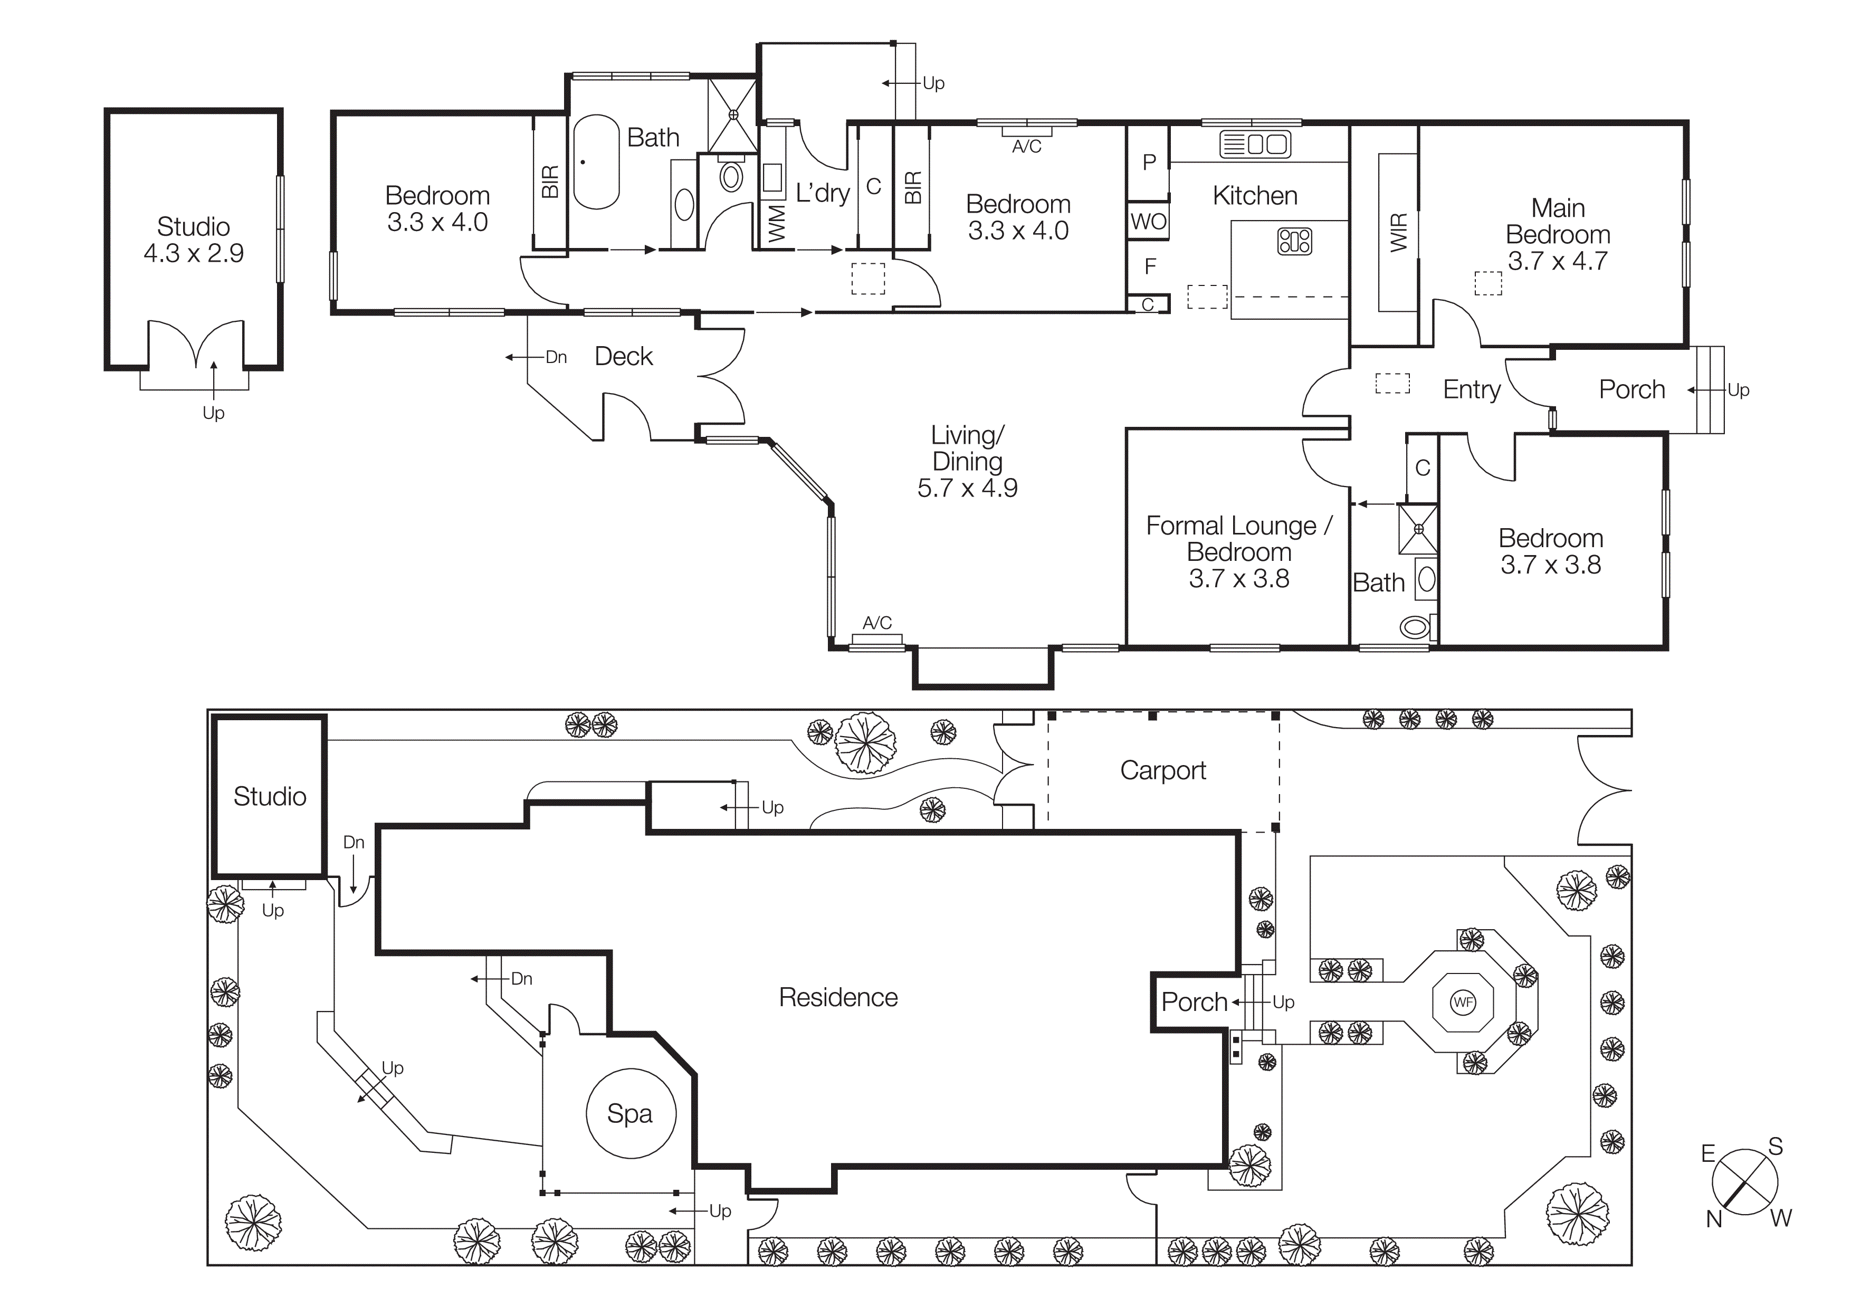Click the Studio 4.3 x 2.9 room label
click(x=194, y=240)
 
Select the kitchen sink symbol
click(x=1255, y=144)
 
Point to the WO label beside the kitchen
click(x=1148, y=222)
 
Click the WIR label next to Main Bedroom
click(x=1399, y=232)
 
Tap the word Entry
click(x=1471, y=390)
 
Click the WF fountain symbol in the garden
click(x=1463, y=1003)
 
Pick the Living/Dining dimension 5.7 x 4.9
click(x=967, y=488)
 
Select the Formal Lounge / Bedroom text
click(x=1239, y=538)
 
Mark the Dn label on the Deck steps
click(x=556, y=357)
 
